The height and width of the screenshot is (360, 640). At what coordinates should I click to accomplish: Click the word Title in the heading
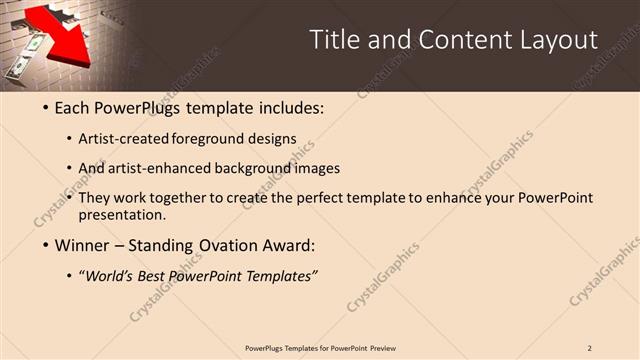pos(335,40)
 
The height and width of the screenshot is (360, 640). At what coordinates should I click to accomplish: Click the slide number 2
pos(590,347)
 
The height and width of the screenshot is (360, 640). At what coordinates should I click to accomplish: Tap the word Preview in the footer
pos(383,347)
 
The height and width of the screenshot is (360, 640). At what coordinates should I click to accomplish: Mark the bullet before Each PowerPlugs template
pos(44,107)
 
